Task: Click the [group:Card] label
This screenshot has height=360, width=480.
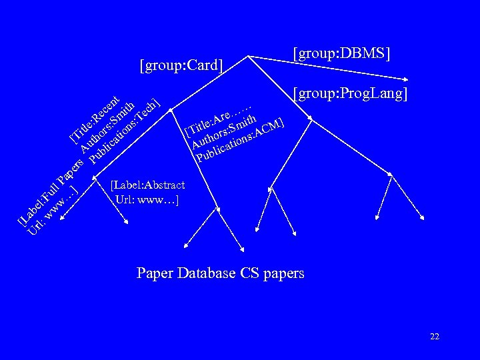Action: click(x=181, y=65)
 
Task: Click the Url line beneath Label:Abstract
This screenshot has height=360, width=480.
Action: click(x=146, y=198)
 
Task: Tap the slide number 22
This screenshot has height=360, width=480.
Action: click(x=435, y=337)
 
